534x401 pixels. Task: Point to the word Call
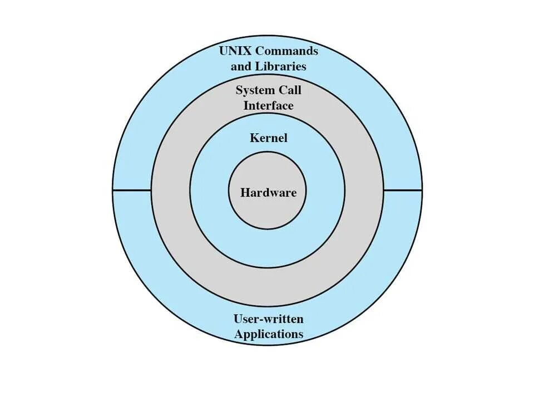[291, 90]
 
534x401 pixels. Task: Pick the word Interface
[269, 105]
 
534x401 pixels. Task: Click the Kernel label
[269, 138]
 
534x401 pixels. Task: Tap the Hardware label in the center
[269, 193]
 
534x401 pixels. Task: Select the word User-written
[269, 319]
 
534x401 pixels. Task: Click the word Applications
[269, 334]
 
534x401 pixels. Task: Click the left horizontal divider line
[132, 190]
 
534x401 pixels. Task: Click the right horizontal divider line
[402, 190]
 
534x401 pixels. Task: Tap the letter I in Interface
[246, 105]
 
